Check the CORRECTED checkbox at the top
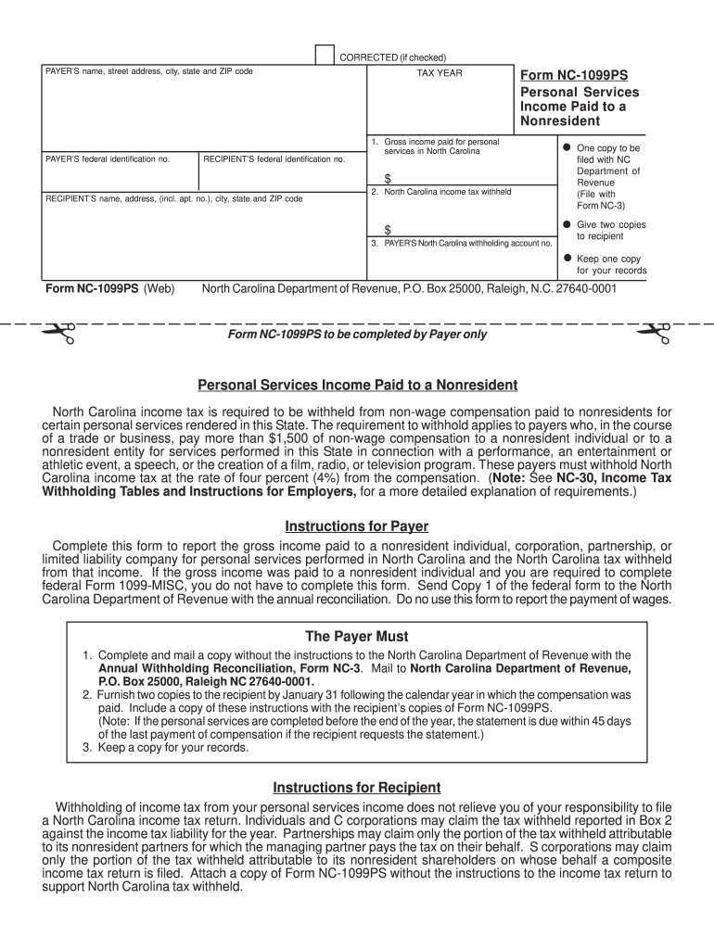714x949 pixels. click(325, 56)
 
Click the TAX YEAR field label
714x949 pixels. click(440, 73)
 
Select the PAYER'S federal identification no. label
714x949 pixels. click(108, 159)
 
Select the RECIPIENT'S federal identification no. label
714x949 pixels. click(274, 159)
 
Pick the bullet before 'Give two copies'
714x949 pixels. click(566, 224)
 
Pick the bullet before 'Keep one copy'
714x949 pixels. click(566, 259)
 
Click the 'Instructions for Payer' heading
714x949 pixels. click(357, 526)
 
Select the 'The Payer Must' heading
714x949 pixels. click(357, 637)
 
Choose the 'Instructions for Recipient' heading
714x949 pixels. click(357, 788)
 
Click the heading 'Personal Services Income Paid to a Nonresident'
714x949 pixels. click(357, 385)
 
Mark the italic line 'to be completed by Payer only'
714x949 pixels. click(357, 335)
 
